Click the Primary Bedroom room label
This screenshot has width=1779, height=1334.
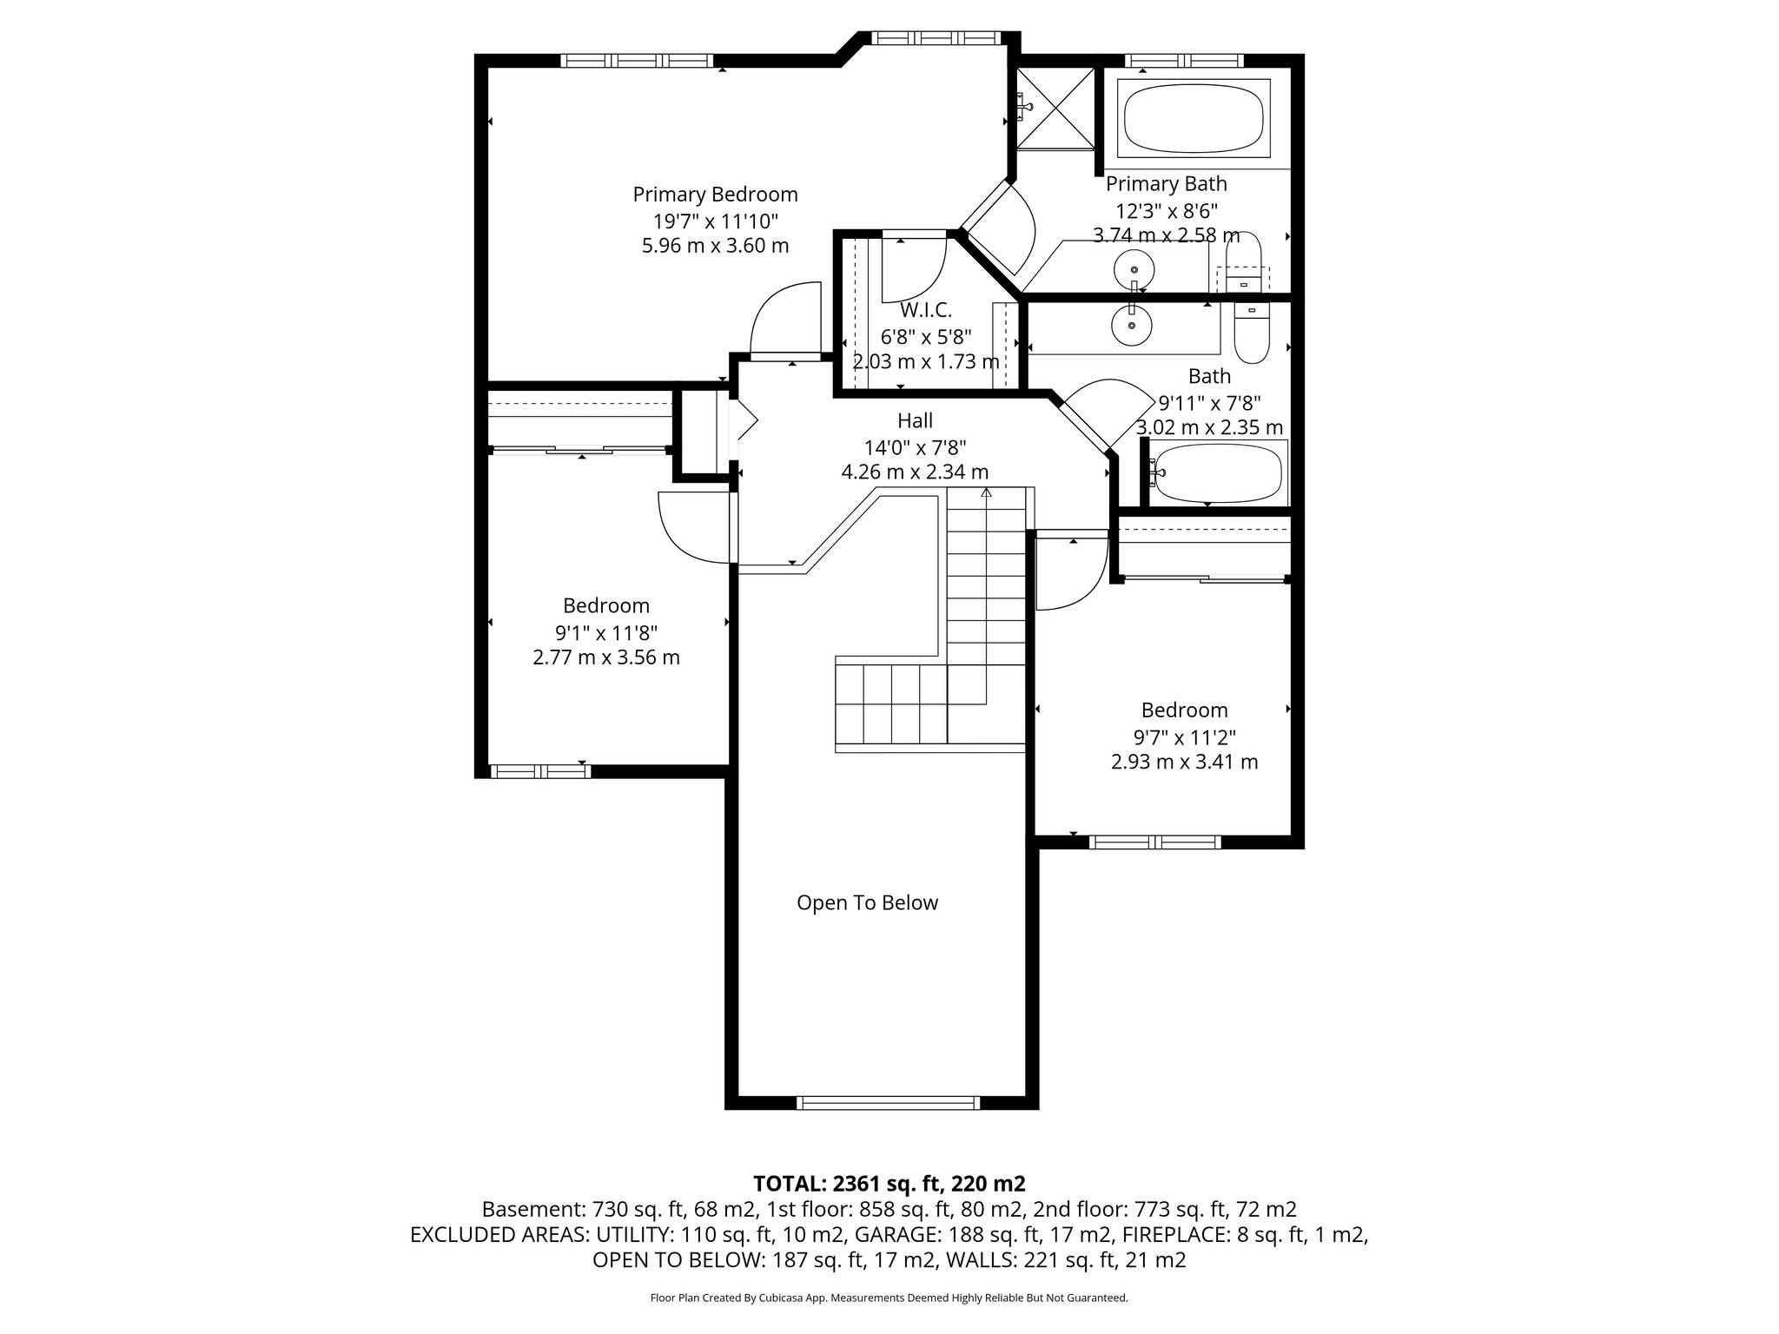tap(715, 195)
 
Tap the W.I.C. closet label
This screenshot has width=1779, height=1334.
tap(925, 310)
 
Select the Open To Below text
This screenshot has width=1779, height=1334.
tap(867, 903)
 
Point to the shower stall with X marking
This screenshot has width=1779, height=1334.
tap(1055, 107)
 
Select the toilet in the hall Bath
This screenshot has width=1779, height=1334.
tap(1252, 333)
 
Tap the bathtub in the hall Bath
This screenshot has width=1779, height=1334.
tap(1216, 473)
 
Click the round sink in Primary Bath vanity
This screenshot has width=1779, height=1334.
tap(1134, 269)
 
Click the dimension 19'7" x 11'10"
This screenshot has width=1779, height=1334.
tap(715, 221)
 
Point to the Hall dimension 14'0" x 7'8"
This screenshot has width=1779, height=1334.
tap(915, 447)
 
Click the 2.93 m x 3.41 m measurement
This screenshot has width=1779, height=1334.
tap(1184, 763)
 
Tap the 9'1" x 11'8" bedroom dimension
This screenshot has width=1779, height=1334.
tap(605, 632)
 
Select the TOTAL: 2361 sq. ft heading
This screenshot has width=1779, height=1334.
tap(889, 1184)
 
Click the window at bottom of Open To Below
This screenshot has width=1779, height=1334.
tap(888, 1103)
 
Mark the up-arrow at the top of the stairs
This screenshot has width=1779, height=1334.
tap(986, 492)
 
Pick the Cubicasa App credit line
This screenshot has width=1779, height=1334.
tap(889, 1298)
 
